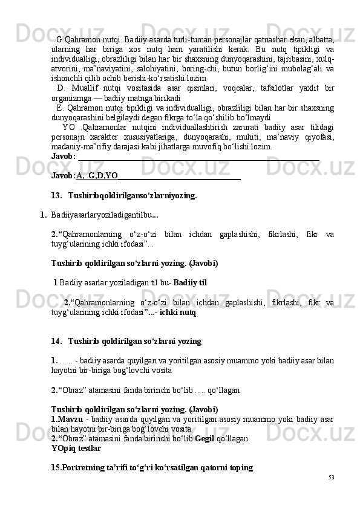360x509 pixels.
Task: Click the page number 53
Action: (x=331, y=478)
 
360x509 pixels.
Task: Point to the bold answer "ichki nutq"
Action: (x=178, y=313)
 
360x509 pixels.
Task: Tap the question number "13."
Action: (x=57, y=195)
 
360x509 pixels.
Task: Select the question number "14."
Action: (x=57, y=341)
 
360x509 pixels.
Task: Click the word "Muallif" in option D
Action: (x=87, y=89)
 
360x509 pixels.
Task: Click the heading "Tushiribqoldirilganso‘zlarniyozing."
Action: (x=133, y=195)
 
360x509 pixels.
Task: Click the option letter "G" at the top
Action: (x=60, y=40)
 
